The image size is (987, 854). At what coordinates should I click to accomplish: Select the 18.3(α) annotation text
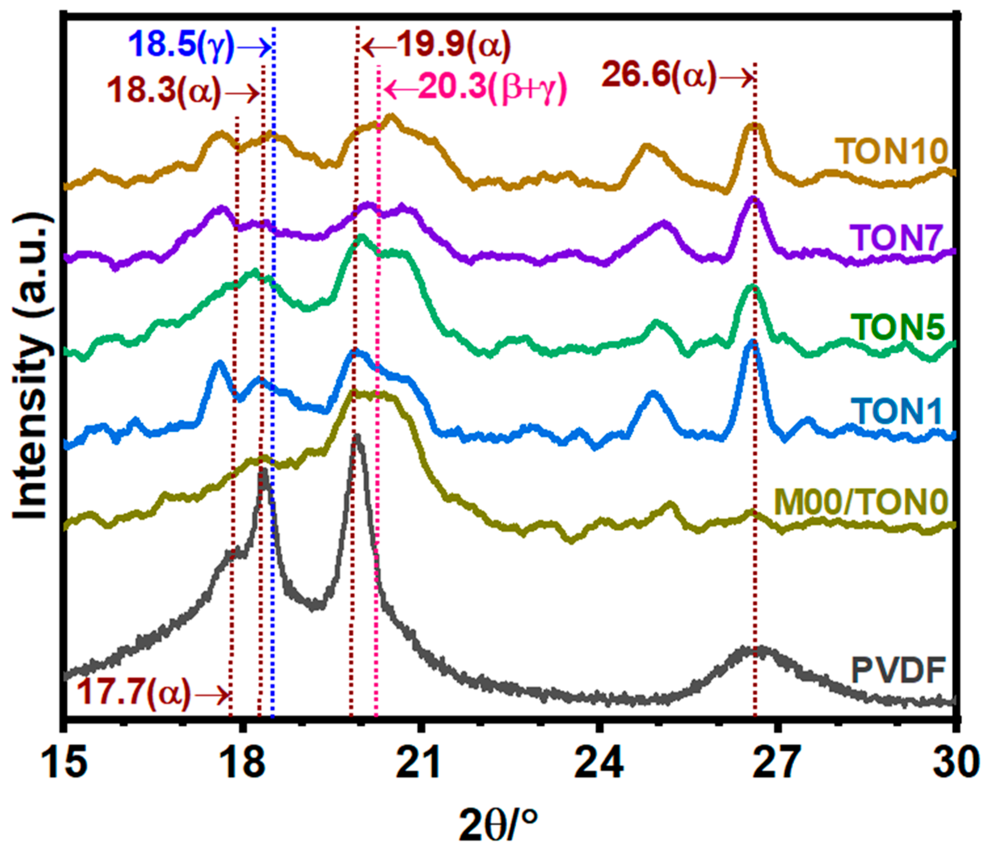(x=164, y=90)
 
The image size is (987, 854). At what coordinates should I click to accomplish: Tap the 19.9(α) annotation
(x=453, y=46)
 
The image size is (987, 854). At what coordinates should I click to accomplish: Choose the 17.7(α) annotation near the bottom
(x=133, y=692)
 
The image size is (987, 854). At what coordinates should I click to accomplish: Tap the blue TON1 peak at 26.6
(x=752, y=342)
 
